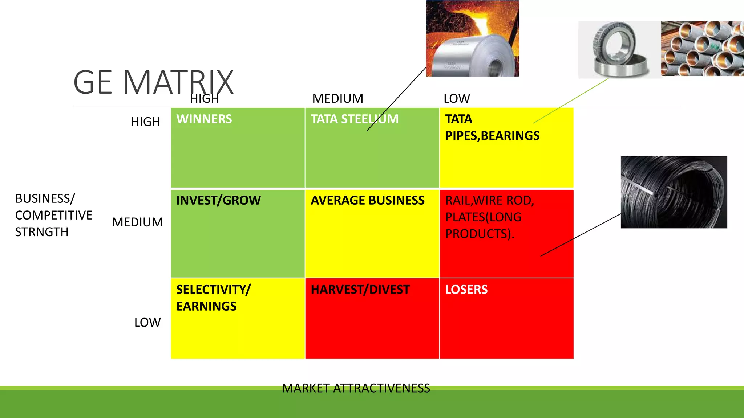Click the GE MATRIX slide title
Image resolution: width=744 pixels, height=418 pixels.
pos(153,82)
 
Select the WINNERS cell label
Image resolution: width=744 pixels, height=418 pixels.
pos(204,119)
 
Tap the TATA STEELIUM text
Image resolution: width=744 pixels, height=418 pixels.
pos(355,119)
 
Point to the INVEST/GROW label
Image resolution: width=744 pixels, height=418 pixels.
pos(218,200)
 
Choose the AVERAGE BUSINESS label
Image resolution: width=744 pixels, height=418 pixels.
pos(368,200)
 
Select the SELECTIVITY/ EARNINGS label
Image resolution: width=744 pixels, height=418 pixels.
pos(214,298)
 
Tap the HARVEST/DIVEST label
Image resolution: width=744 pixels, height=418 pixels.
pos(360,290)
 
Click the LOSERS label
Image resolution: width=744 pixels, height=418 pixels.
pos(466,290)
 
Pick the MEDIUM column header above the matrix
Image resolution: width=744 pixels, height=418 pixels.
pos(337,99)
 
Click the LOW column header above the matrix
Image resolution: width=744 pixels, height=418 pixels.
pos(457,99)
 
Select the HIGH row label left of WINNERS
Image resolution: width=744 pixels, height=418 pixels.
pos(145,122)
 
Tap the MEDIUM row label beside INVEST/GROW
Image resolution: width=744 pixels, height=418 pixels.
pos(137,222)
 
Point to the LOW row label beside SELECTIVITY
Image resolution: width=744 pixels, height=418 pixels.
pos(147,323)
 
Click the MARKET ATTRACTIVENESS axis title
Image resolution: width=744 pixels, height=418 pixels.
pos(356,388)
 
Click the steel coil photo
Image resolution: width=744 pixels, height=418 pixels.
pos(472,38)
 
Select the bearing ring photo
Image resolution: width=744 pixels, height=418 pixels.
pos(620,50)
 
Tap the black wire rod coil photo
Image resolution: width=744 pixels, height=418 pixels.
pos(674,192)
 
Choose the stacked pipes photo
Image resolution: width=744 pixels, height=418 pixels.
pos(703,48)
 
